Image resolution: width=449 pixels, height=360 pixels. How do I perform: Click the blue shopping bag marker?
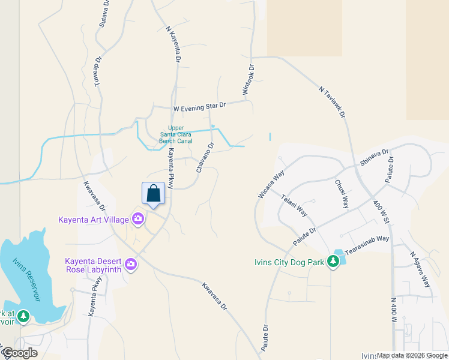pos(153,194)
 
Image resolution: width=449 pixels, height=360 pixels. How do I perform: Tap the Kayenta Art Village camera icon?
pos(139,219)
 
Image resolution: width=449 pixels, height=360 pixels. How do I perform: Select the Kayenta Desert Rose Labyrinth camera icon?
pos(130,264)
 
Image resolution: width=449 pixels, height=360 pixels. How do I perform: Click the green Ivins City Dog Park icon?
pos(333,262)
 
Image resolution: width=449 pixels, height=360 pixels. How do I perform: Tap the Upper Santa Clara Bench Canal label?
pos(176,134)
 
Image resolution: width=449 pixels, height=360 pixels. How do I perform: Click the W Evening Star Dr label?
pos(199,106)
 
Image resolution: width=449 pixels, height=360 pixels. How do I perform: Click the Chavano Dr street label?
pos(205,157)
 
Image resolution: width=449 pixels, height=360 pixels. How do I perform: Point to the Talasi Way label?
pos(294,205)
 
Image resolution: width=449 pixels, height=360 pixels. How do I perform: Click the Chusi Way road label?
pos(342,193)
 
